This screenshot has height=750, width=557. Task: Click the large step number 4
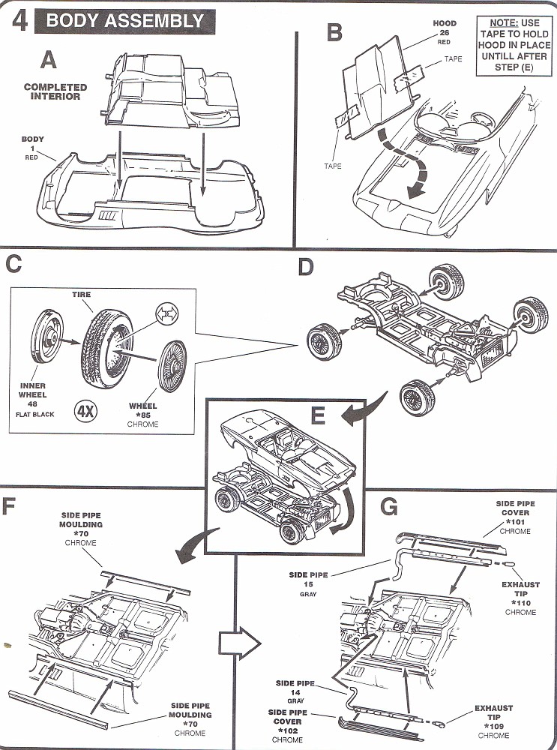tap(21, 20)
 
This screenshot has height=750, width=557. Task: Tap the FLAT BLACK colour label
tap(33, 414)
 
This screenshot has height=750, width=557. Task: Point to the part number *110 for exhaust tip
tap(520, 602)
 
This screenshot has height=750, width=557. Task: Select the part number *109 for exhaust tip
tap(493, 726)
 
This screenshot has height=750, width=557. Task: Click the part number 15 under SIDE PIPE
tap(309, 584)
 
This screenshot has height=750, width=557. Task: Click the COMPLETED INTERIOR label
tap(55, 92)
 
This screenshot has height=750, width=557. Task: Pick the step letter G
tap(388, 508)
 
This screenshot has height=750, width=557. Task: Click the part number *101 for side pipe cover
tap(514, 521)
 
